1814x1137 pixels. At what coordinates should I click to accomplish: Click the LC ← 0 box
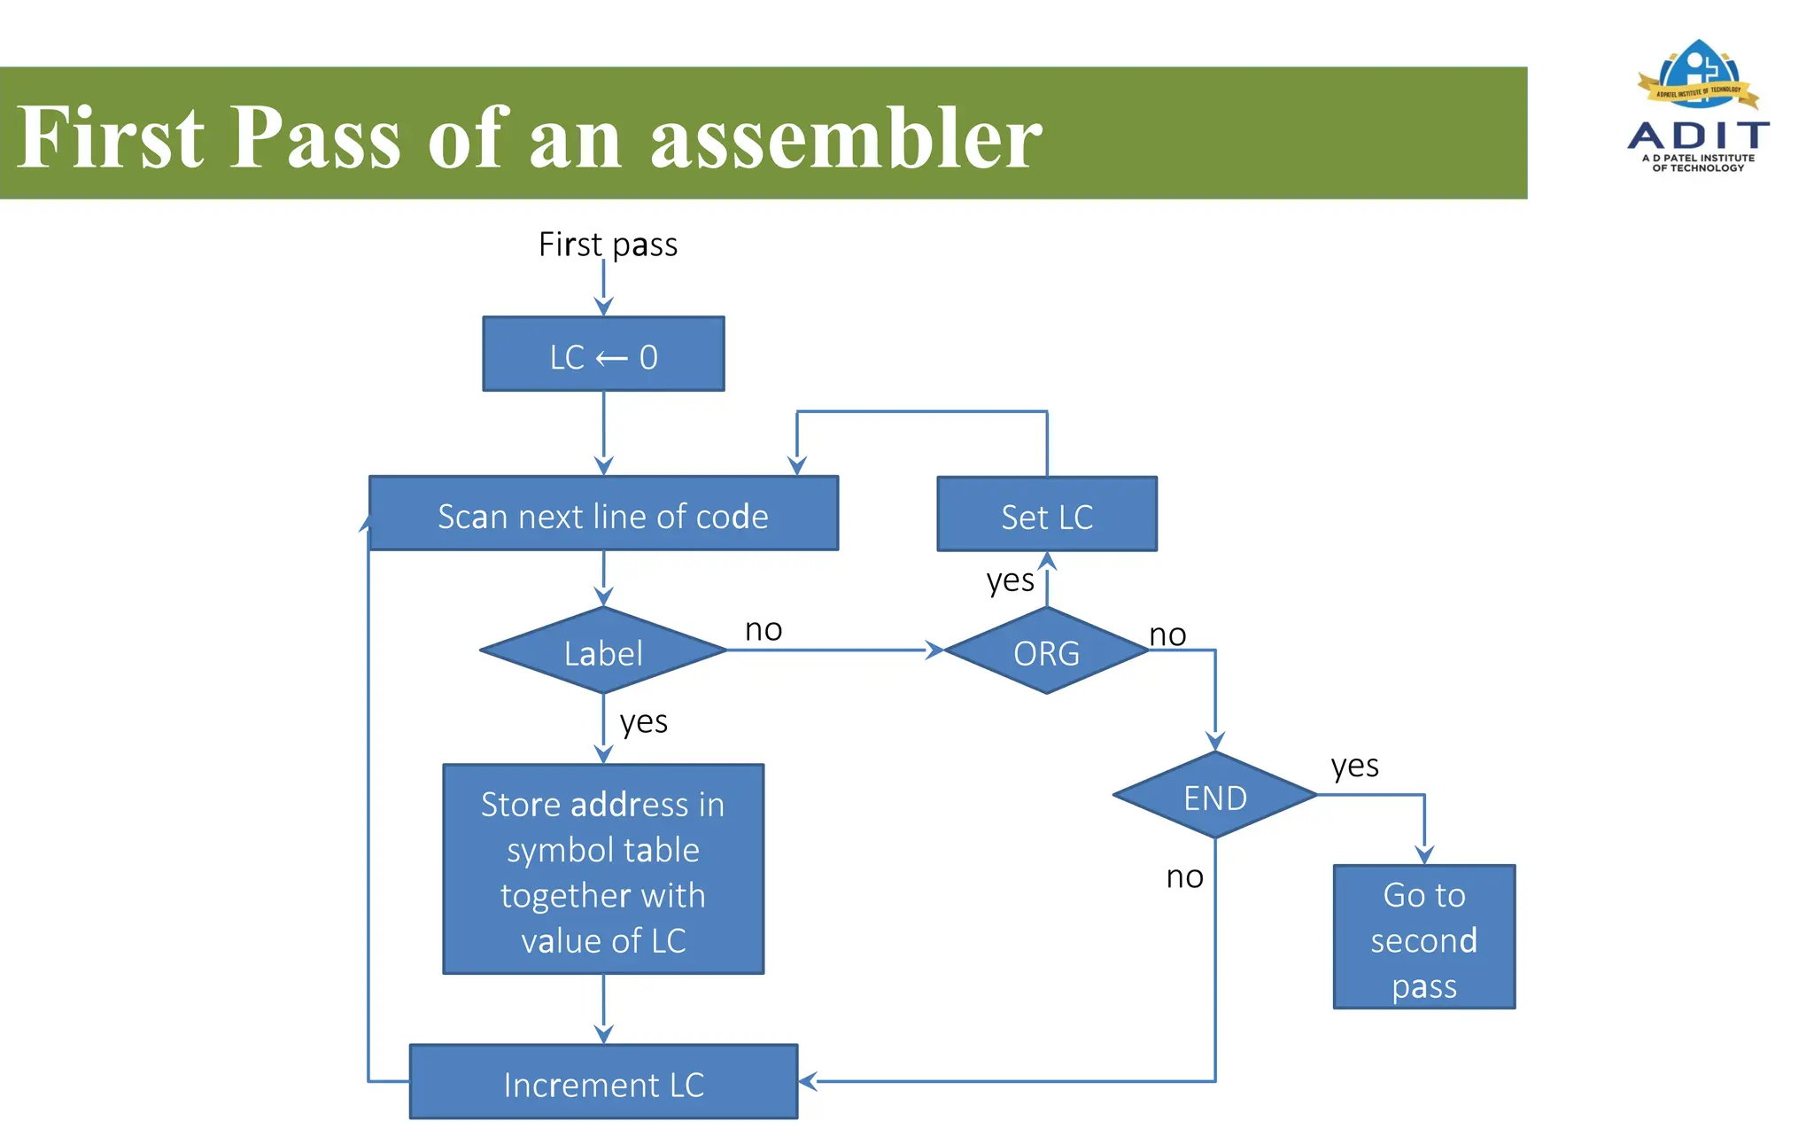pos(603,354)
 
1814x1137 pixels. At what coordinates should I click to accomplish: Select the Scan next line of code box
pos(603,515)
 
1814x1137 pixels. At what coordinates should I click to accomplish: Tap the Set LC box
pos(1047,515)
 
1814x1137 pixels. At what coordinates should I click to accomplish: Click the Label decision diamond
pos(603,652)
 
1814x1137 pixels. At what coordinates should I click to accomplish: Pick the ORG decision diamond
pos(1047,652)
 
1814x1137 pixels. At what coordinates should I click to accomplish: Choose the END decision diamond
pos(1215,797)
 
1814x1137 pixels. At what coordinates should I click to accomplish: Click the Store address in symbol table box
pos(603,870)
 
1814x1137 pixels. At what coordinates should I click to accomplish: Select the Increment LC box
pos(603,1083)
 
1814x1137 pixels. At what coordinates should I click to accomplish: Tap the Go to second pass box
pos(1424,938)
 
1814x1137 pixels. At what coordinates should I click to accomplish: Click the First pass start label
pos(608,245)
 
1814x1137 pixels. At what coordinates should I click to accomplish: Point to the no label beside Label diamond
pos(764,630)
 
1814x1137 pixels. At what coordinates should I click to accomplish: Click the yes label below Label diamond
pos(644,722)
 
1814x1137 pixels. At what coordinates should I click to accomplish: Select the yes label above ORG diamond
pos(1010,581)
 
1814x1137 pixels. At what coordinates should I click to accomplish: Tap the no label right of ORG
pos(1167,635)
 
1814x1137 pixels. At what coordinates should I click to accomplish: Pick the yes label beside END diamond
pos(1354,766)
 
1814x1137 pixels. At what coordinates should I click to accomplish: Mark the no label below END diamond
pos(1184,877)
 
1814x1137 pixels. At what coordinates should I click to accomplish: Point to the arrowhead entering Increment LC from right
pos(807,1081)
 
